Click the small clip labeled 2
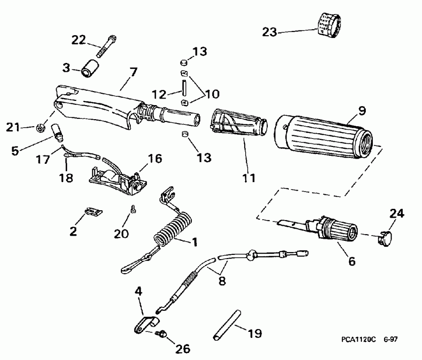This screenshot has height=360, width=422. pos(95,212)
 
